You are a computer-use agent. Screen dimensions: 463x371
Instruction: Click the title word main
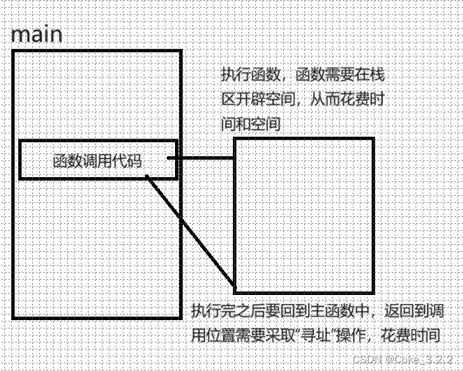[37, 35]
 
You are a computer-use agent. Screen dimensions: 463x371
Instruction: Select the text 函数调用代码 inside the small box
[97, 161]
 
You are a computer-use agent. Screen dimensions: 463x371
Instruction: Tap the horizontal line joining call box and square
[202, 158]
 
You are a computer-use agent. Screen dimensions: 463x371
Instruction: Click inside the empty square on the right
[303, 215]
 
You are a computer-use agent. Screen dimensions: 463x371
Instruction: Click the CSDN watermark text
[365, 357]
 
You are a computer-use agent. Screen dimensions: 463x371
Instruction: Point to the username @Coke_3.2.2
[411, 357]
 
